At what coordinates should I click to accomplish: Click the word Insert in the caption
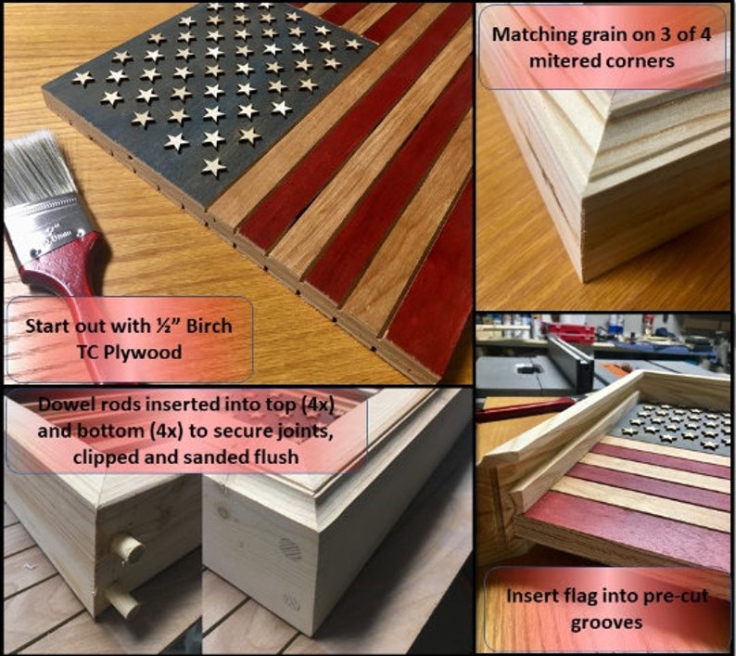532,595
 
